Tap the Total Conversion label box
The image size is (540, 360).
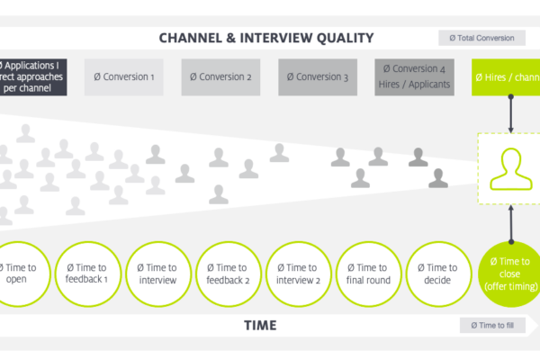tap(484, 38)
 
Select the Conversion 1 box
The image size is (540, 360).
tap(124, 77)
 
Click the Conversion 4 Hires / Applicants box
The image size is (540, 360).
tap(413, 77)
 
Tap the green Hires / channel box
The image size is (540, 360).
tap(507, 77)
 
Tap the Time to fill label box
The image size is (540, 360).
tap(491, 326)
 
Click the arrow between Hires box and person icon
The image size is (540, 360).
tap(510, 114)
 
